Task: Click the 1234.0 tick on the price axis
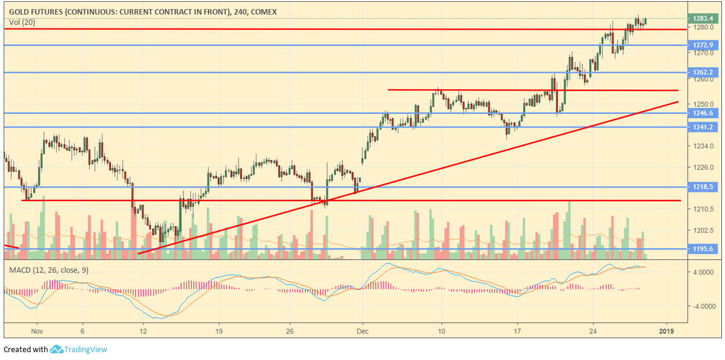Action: pyautogui.click(x=702, y=146)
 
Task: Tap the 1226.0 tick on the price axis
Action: pyautogui.click(x=702, y=167)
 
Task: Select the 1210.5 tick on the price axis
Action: pyautogui.click(x=702, y=209)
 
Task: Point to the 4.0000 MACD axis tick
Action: pyautogui.click(x=704, y=273)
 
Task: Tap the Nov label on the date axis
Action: pyautogui.click(x=38, y=332)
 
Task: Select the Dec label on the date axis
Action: pyautogui.click(x=362, y=332)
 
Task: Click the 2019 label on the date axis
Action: pyautogui.click(x=667, y=332)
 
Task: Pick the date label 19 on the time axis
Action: pyautogui.click(x=219, y=332)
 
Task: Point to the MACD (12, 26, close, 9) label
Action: pyautogui.click(x=48, y=270)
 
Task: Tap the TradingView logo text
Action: pyautogui.click(x=86, y=349)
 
